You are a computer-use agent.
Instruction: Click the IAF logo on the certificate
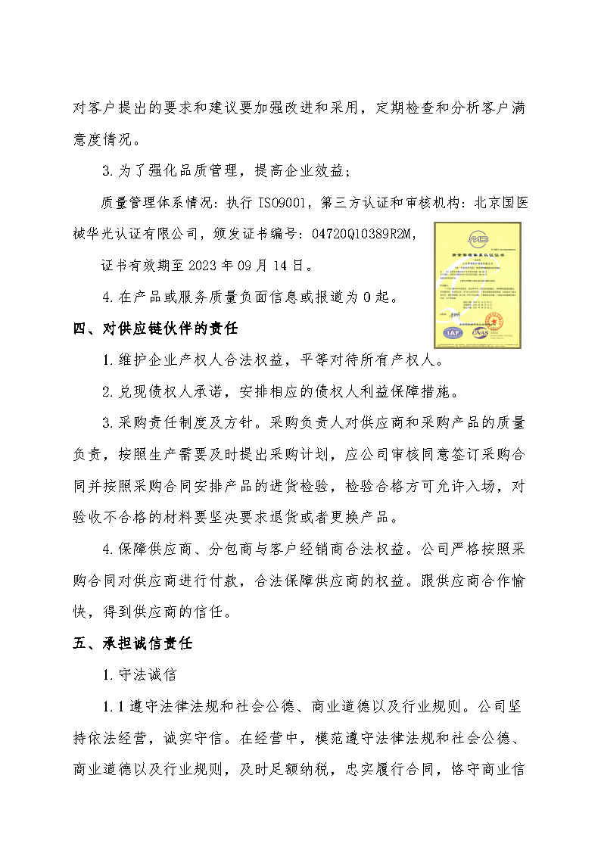point(453,332)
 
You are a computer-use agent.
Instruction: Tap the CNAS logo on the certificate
point(481,332)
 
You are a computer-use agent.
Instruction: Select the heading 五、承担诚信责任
point(133,643)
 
